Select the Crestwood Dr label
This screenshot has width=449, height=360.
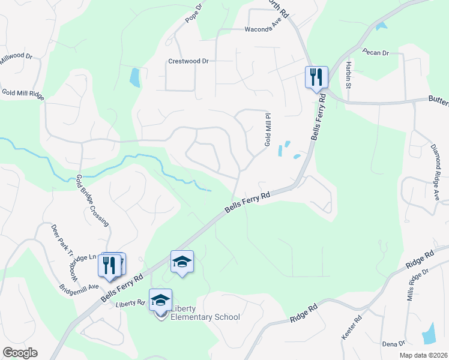click(x=188, y=61)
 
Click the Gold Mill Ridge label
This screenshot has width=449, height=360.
click(x=23, y=93)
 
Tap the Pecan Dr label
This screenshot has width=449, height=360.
click(x=376, y=53)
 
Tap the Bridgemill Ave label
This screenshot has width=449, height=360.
click(x=79, y=287)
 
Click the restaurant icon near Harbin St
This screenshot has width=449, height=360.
click(x=316, y=77)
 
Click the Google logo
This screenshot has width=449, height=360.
click(x=20, y=353)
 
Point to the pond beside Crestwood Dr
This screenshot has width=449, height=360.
click(x=135, y=77)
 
